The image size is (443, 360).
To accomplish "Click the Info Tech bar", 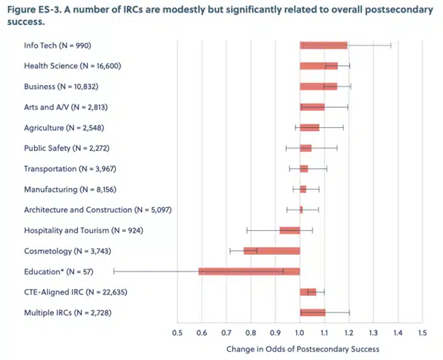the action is [x=324, y=45].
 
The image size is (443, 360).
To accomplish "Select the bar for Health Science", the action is [x=319, y=66].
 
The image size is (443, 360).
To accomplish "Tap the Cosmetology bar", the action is [x=272, y=251].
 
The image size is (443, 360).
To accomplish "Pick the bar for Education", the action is [x=249, y=271].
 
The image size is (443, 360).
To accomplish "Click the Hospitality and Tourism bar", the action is [x=290, y=230].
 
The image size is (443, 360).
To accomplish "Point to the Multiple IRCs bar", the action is [x=312, y=312].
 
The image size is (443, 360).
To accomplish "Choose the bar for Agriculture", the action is [x=310, y=128].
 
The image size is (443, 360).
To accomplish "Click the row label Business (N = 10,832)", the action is [x=61, y=87].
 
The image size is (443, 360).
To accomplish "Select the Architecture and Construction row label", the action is [x=98, y=210].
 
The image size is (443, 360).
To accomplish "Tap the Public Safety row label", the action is [x=67, y=148].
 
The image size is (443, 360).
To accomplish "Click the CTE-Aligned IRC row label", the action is [x=76, y=292].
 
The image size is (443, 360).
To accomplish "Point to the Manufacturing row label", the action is [x=70, y=190].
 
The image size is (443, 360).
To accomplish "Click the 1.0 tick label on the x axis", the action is [x=300, y=333].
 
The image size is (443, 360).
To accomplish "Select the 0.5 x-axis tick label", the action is [x=177, y=333].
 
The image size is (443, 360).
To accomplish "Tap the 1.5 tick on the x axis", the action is [x=422, y=333].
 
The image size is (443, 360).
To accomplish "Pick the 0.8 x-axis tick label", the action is [x=251, y=333].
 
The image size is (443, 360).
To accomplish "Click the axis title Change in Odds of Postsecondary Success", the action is [x=303, y=349].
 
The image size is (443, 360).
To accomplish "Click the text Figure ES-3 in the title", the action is [x=33, y=10].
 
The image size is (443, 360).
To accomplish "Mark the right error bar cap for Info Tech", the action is [x=391, y=45].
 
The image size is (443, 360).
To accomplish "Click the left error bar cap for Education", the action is [x=114, y=271].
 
